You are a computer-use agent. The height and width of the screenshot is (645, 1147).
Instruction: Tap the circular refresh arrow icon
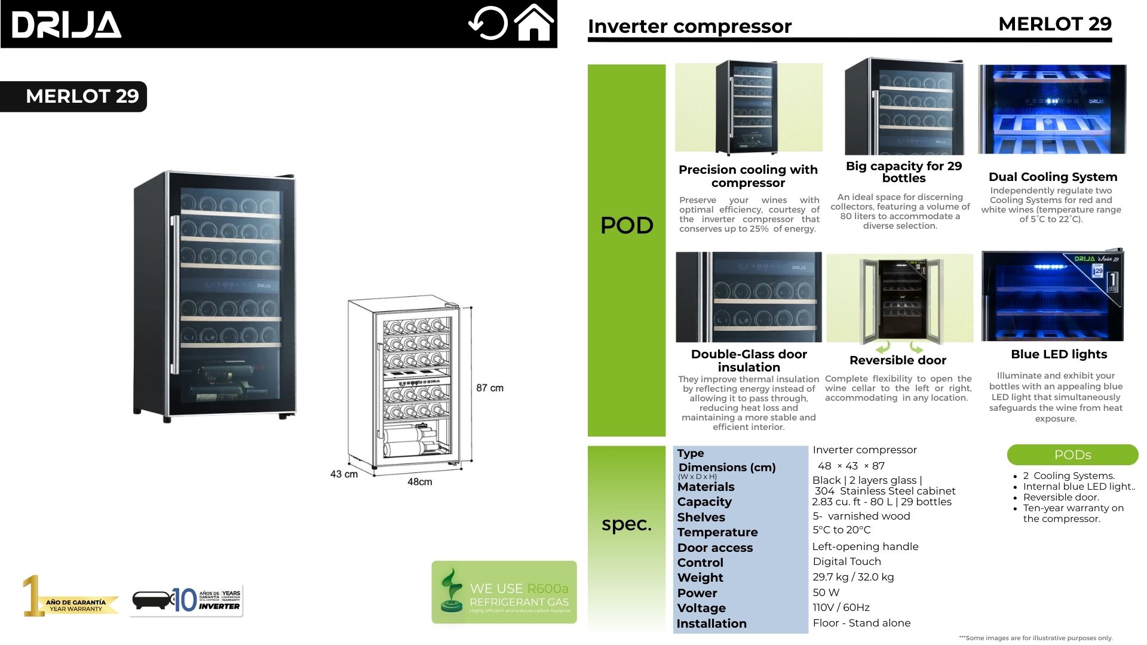pos(488,24)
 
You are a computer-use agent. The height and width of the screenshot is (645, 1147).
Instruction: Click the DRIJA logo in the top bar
pos(66,25)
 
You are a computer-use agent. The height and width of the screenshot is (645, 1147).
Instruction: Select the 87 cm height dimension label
pos(489,388)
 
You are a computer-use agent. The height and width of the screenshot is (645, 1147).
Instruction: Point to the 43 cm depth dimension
pos(344,474)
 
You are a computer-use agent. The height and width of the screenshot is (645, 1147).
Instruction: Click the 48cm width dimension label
pos(419,482)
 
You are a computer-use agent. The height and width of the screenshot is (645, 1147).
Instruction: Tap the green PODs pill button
pos(1072,455)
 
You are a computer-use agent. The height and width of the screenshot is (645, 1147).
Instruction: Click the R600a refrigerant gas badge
pos(504,592)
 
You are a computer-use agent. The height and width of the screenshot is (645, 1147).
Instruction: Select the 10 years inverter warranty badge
pos(186,600)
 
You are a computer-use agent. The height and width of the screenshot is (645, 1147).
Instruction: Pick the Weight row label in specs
pos(700,578)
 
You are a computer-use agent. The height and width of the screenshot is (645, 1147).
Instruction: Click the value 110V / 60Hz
pos(841,607)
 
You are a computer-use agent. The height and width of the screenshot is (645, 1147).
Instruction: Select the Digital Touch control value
pos(847,561)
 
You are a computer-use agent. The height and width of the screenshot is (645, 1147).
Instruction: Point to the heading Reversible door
pos(898,360)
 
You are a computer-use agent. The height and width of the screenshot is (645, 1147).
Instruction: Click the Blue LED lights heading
pos(1059,354)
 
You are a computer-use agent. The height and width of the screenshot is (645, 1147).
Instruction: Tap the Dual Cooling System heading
pos(1053,177)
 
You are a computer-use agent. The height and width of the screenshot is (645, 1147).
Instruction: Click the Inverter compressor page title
pos(689,26)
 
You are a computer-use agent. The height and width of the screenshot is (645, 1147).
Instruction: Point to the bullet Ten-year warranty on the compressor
pos(1073,514)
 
